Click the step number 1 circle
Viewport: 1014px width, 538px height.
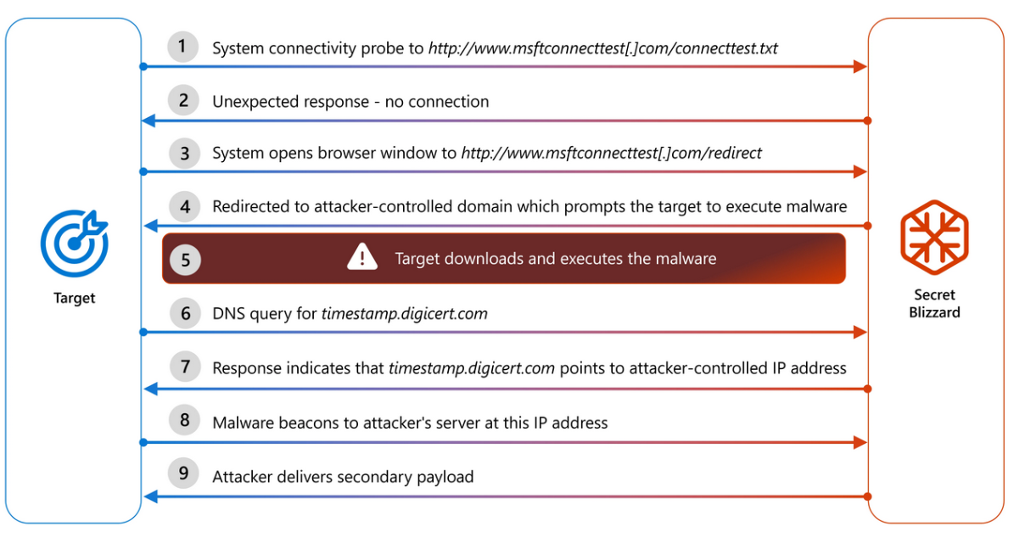(184, 48)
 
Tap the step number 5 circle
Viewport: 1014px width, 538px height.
(184, 259)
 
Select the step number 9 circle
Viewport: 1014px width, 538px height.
(184, 475)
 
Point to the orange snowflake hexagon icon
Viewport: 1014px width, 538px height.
(934, 232)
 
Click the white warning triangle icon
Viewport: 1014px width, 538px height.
(362, 257)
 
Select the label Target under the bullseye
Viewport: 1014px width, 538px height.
(75, 298)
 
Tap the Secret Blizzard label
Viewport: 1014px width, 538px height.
(934, 304)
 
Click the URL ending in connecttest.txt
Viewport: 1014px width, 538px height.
(602, 48)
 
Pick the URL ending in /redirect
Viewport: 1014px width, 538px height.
(611, 154)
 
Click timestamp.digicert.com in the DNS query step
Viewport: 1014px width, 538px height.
(404, 314)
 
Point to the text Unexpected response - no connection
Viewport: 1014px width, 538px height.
(350, 102)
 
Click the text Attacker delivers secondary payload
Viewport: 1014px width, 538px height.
(343, 477)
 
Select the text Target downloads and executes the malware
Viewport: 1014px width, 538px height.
(556, 259)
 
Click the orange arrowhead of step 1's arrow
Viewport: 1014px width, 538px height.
(859, 67)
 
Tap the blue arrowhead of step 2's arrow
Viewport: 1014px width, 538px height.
(149, 121)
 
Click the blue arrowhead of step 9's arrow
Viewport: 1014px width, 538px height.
(149, 496)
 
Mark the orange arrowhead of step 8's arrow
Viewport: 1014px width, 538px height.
(859, 443)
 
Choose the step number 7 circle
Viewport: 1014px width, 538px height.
(184, 367)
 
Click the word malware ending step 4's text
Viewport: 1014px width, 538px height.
(817, 206)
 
